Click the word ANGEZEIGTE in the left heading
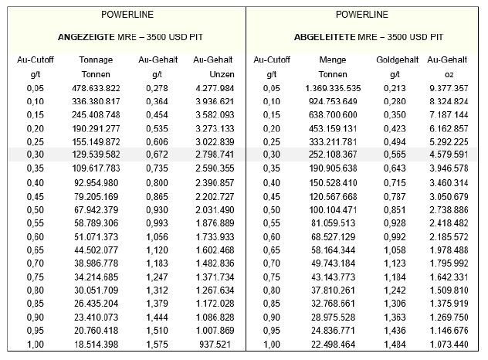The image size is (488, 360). coord(86,37)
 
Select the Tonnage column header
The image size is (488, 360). coord(96,59)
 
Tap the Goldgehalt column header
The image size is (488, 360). coord(397,59)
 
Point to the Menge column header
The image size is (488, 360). coord(333,59)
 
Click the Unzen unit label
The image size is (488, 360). coord(222,74)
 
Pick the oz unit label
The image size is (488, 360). coord(449,75)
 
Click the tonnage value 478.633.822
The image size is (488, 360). coord(96,88)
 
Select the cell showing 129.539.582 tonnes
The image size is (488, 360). coord(96,155)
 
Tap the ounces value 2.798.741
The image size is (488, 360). coord(215,155)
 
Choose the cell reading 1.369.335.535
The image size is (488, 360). coord(333,88)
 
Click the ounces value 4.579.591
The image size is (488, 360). coord(449,155)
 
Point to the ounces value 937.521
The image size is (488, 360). coord(215,345)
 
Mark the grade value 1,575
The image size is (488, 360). coord(157,345)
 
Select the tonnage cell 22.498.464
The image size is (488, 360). coord(333,345)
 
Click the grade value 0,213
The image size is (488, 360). coord(395,88)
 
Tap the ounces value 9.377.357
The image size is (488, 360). coord(449,88)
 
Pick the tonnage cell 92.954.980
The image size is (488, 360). coord(97,183)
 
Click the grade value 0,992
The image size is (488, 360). coord(395,237)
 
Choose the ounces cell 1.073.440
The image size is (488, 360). coord(449,345)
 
